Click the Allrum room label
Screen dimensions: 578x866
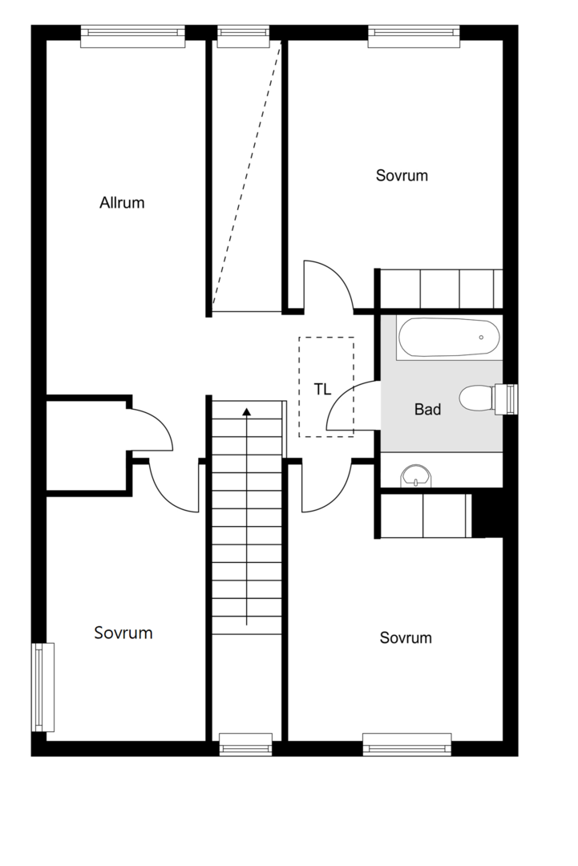point(122,203)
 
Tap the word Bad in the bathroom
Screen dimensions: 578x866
point(428,409)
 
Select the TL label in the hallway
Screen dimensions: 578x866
point(323,390)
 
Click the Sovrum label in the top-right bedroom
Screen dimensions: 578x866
point(402,176)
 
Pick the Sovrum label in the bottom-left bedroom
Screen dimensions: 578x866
point(123,633)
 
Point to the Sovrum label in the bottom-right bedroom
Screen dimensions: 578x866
point(406,638)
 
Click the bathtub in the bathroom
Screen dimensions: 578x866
point(450,338)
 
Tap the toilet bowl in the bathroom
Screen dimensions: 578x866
point(476,399)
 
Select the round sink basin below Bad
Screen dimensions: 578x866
point(417,475)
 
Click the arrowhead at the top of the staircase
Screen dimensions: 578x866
point(247,411)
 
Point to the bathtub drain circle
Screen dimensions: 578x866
point(481,337)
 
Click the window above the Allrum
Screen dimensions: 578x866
point(132,36)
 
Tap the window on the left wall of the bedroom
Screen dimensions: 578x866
point(43,687)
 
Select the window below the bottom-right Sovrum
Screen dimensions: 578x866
point(407,744)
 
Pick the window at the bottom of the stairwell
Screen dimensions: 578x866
point(245,744)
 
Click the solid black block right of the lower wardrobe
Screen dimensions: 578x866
point(487,515)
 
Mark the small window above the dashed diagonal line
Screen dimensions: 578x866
point(244,36)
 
